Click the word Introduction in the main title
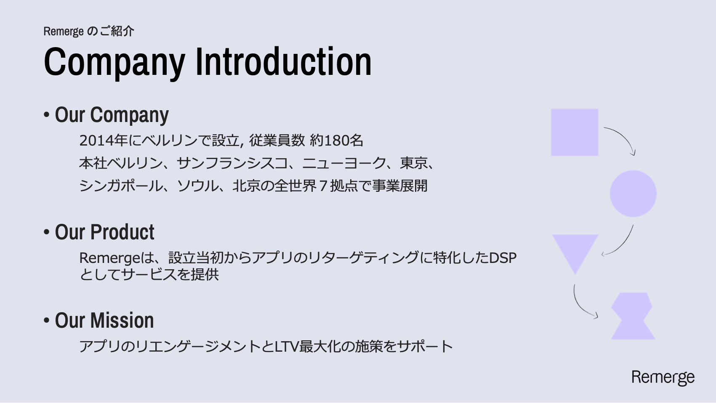click(284, 61)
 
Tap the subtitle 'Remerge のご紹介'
click(89, 31)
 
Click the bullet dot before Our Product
click(47, 232)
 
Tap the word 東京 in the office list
click(413, 163)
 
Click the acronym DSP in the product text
click(503, 258)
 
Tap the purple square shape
click(575, 132)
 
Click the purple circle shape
click(633, 194)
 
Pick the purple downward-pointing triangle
click(575, 252)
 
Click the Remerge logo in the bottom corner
click(663, 378)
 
